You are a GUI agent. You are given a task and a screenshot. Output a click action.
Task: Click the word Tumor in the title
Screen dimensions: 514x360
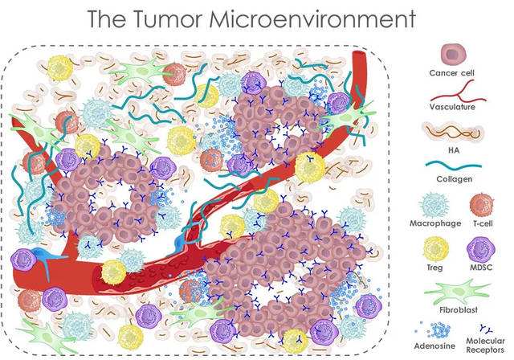[169, 18]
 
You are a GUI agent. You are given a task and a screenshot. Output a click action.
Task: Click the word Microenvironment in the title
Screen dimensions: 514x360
[312, 18]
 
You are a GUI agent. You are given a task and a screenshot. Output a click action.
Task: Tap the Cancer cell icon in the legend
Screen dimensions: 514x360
[453, 54]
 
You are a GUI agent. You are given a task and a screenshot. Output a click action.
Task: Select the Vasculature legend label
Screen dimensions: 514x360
[452, 107]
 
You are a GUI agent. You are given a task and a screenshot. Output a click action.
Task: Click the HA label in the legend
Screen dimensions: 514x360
[454, 150]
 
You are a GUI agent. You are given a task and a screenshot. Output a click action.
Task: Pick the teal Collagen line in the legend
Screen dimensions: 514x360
[454, 167]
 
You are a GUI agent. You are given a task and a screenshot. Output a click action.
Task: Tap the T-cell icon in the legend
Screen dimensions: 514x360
[481, 205]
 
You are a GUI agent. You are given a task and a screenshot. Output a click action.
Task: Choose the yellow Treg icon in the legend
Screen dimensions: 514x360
[435, 249]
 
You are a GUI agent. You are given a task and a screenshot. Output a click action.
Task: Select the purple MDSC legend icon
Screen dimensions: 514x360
[480, 249]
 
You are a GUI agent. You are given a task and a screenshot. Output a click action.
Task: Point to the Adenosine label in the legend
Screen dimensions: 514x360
[434, 346]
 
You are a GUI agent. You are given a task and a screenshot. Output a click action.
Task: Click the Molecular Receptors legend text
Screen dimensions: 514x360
[485, 346]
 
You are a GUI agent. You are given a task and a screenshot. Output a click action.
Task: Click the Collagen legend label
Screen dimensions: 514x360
[455, 179]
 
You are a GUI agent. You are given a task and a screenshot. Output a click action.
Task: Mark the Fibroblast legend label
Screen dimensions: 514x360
[459, 310]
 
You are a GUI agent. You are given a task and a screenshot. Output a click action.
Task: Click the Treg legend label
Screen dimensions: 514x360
[434, 268]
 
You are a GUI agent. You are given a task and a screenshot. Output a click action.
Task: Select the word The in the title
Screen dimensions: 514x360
[107, 18]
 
